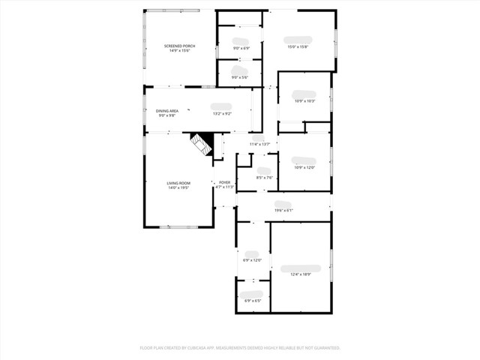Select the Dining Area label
[x=167, y=111]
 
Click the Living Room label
[x=178, y=183]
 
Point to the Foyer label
[x=225, y=182]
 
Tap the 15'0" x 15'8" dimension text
[x=298, y=47]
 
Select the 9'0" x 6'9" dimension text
[x=241, y=49]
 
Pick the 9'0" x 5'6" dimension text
[x=240, y=77]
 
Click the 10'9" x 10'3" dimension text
[x=304, y=101]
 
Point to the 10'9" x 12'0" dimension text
[x=304, y=167]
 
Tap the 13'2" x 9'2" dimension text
[x=222, y=114]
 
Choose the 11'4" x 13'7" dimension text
[x=259, y=144]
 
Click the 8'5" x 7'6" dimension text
[x=264, y=178]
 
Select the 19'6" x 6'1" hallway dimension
[x=283, y=210]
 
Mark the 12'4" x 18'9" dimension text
[x=300, y=274]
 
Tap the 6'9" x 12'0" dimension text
[x=252, y=260]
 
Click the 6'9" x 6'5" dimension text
[x=253, y=301]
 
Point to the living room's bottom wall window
[x=178, y=226]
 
